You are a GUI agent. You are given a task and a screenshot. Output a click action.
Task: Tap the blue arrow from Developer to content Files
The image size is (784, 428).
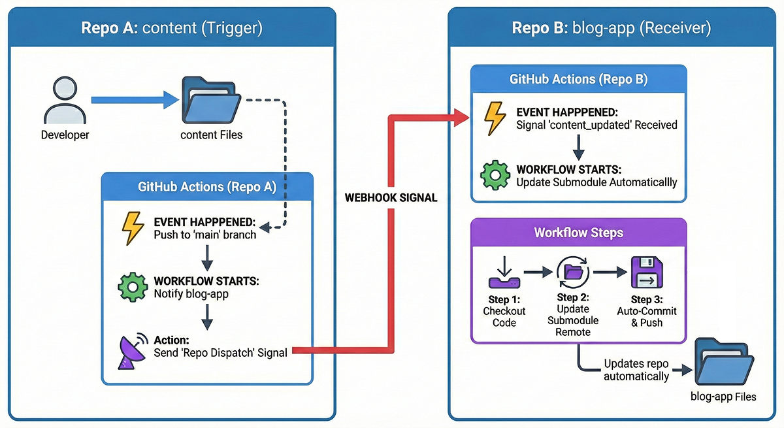coord(135,100)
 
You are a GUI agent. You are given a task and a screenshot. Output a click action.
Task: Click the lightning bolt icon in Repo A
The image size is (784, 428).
coord(133,227)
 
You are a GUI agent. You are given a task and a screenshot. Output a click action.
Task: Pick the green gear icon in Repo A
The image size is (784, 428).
coord(133,288)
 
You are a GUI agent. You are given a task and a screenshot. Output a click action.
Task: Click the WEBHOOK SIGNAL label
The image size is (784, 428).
coord(391,197)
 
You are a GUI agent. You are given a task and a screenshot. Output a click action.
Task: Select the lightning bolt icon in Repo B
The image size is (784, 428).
coord(495,118)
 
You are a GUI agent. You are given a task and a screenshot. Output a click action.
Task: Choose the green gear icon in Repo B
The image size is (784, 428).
coord(495,175)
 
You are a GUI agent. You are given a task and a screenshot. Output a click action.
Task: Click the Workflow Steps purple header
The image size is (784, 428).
coord(578,233)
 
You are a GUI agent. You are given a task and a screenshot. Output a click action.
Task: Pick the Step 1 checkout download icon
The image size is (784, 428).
coord(504,274)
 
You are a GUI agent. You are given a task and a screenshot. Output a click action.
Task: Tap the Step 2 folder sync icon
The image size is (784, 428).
coord(573,273)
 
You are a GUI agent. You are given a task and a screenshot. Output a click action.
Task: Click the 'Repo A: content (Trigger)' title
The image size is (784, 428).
coord(172,28)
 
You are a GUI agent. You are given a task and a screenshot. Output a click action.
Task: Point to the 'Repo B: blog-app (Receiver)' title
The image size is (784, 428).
coord(612,28)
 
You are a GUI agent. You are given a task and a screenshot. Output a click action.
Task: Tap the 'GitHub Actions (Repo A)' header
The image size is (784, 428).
coord(207,186)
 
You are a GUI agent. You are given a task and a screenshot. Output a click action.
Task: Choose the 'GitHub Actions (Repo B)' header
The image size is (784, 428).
coord(578,79)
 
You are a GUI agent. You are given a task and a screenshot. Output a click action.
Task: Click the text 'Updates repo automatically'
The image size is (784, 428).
coord(636,370)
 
